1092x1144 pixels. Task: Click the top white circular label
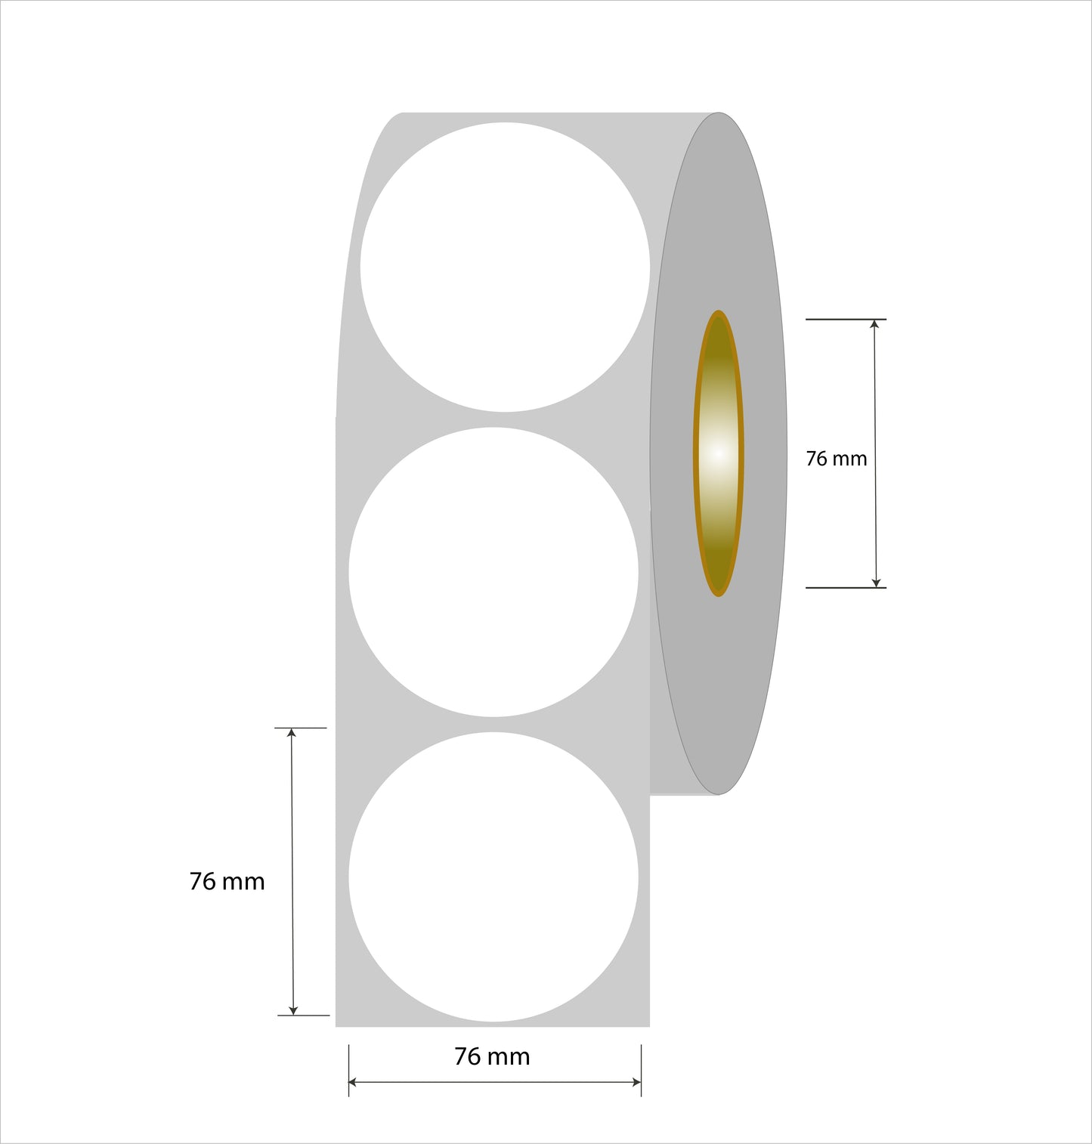505,267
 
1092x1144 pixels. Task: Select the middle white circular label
493,572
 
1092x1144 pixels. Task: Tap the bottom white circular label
493,877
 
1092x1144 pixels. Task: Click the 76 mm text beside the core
836,459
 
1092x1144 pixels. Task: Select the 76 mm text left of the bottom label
227,881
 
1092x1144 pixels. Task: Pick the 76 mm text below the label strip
492,1056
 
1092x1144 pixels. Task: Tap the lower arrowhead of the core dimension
876,582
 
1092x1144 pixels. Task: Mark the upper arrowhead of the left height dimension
292,734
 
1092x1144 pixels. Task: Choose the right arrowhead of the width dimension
636,1082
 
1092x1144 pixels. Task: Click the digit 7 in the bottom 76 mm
460,1056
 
